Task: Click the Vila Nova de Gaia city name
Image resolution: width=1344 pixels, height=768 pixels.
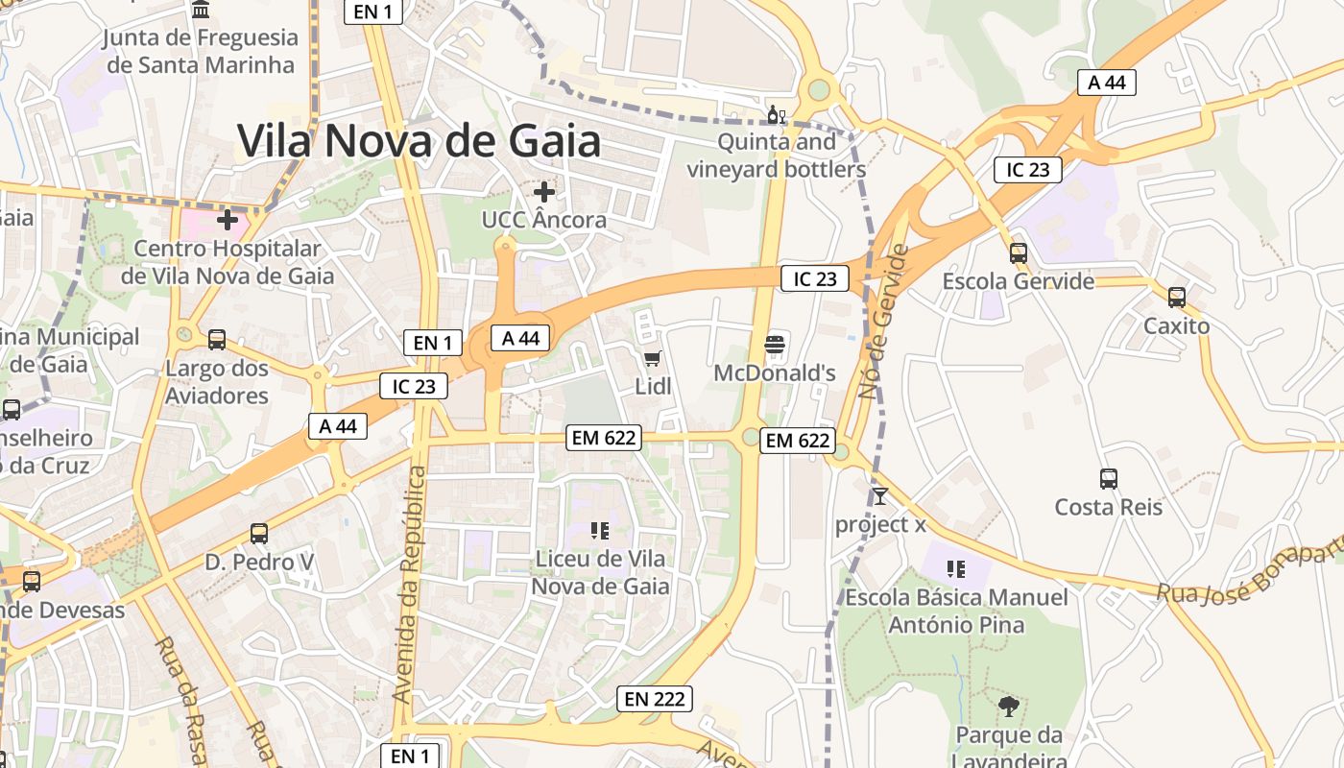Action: pos(420,141)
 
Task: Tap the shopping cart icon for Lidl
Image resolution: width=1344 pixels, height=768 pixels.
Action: pos(653,359)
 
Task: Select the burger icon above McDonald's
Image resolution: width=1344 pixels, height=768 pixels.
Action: pos(775,344)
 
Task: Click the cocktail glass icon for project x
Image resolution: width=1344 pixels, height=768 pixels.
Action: pos(879,496)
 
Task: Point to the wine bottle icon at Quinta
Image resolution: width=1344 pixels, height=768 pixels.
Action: pos(776,114)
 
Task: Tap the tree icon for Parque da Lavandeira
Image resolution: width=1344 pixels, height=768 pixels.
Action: pos(1008,708)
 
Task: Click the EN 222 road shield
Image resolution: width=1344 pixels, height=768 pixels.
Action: pos(655,699)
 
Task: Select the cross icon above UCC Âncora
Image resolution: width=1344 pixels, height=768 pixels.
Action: pos(544,192)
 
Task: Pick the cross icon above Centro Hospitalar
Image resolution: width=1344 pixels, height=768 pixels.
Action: pos(228,221)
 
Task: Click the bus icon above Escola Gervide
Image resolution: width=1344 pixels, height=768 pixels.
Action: pos(1018,253)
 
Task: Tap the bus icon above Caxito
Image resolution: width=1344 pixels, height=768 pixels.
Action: pos(1176,298)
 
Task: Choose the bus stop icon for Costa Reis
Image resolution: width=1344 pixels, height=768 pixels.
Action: pos(1108,478)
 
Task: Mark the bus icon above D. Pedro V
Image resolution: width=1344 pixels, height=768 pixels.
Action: pos(259,533)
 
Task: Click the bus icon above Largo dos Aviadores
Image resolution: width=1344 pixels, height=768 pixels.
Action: pos(217,339)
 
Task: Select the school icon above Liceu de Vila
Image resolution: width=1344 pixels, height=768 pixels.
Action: pos(600,530)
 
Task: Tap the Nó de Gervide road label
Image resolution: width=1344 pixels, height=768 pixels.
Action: pos(883,322)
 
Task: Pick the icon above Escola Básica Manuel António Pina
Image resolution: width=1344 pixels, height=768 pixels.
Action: pos(955,568)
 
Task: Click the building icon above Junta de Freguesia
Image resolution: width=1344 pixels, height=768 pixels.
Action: pos(202,10)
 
